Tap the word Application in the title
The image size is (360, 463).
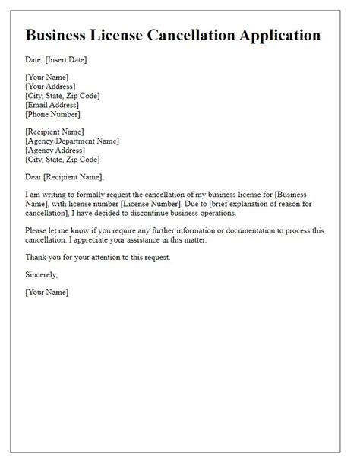click(275, 36)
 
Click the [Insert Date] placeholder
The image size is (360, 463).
click(67, 59)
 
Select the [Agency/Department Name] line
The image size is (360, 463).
click(72, 141)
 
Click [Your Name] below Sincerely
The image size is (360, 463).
click(46, 292)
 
